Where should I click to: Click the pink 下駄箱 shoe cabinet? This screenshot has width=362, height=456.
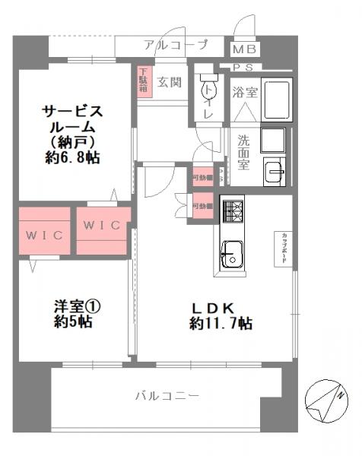click(143, 81)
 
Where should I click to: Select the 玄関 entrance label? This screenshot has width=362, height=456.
click(169, 82)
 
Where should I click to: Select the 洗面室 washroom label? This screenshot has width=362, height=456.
click(243, 150)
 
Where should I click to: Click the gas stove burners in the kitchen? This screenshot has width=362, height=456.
click(231, 210)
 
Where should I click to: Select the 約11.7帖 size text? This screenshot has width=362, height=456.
click(221, 324)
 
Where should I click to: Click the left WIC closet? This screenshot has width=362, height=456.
click(44, 232)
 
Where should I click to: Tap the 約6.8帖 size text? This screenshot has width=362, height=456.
click(72, 158)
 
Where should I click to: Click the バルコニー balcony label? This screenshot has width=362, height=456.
click(167, 396)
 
